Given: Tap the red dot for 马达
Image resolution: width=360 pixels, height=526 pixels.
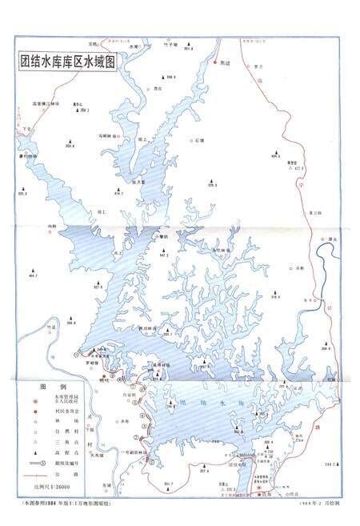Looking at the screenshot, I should coord(214,61).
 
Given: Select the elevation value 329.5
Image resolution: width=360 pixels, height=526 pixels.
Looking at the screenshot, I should coord(212,186).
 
